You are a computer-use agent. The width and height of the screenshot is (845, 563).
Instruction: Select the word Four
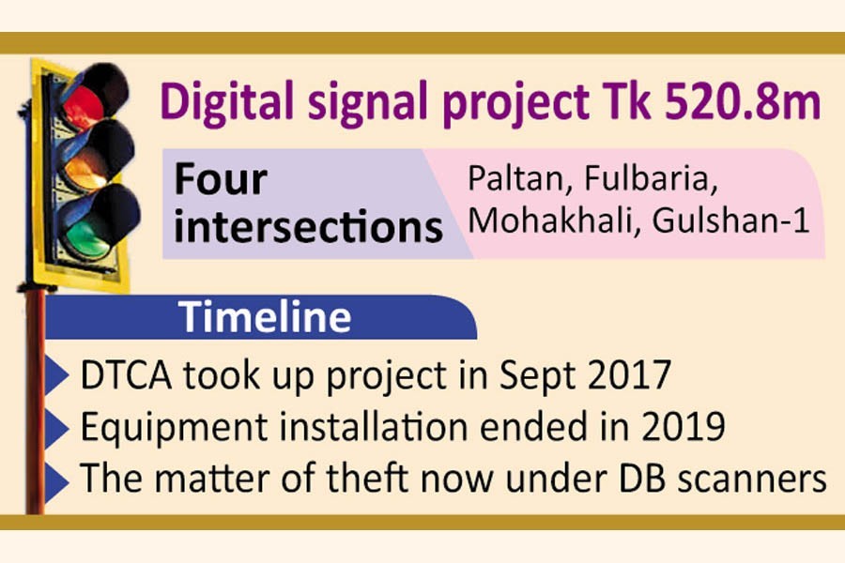click(x=222, y=178)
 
